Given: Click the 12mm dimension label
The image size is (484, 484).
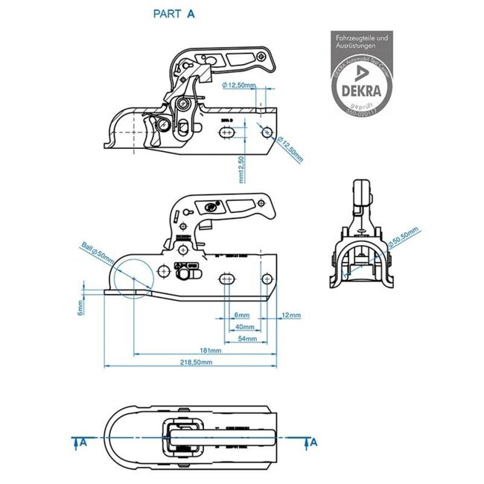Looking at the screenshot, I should click(291, 315).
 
